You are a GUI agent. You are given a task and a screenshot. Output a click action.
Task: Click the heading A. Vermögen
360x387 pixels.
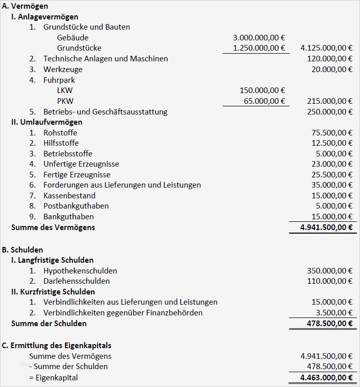point(26,6)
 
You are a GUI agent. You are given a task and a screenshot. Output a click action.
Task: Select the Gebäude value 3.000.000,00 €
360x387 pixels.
point(259,37)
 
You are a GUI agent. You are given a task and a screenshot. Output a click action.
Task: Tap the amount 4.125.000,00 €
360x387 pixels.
point(326,48)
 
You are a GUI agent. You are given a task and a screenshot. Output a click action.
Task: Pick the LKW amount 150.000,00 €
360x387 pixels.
point(262,90)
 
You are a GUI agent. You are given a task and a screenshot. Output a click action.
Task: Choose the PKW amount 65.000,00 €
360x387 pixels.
point(265,101)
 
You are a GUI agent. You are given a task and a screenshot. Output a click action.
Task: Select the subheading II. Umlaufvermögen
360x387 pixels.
point(46,122)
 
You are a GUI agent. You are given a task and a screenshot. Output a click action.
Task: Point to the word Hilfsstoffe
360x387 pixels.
point(61,143)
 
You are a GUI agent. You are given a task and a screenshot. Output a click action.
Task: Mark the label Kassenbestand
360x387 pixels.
point(69,195)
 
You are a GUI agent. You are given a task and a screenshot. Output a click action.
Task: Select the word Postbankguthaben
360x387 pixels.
point(76,206)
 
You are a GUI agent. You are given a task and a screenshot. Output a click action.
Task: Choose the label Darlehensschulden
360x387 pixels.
point(77,281)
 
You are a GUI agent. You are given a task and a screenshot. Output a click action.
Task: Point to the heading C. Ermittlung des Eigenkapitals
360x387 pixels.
point(57,346)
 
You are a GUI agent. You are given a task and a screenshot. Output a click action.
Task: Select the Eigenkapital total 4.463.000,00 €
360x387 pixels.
point(327,378)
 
